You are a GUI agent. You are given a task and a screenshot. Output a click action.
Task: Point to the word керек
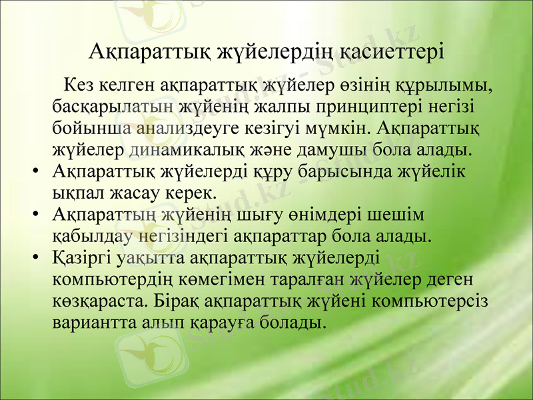[x=191, y=193]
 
